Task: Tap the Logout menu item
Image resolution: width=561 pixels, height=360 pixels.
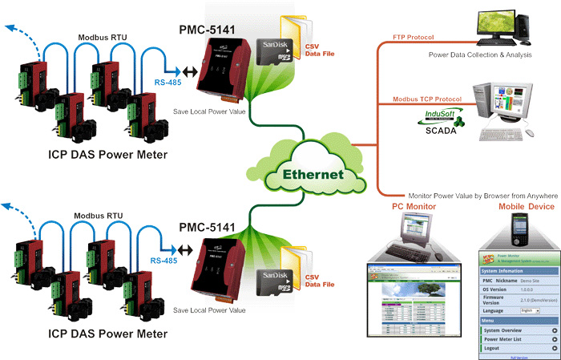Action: [493, 349]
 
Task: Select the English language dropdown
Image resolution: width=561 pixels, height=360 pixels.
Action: [531, 309]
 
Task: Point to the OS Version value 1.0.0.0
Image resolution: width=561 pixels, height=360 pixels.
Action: [527, 291]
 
